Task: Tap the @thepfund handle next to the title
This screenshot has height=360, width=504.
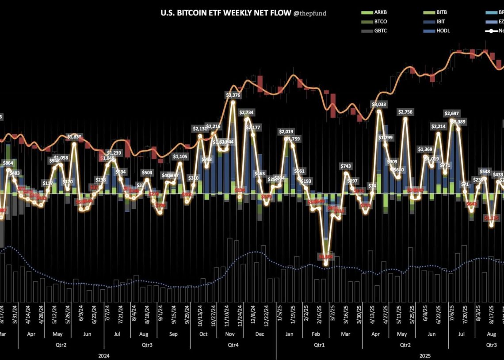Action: point(310,13)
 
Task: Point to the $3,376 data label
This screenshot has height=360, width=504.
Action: point(233,95)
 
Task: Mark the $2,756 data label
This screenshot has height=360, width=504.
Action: point(406,112)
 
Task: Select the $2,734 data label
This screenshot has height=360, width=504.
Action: point(247,112)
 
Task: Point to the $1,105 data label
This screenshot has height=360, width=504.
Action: point(180,156)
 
